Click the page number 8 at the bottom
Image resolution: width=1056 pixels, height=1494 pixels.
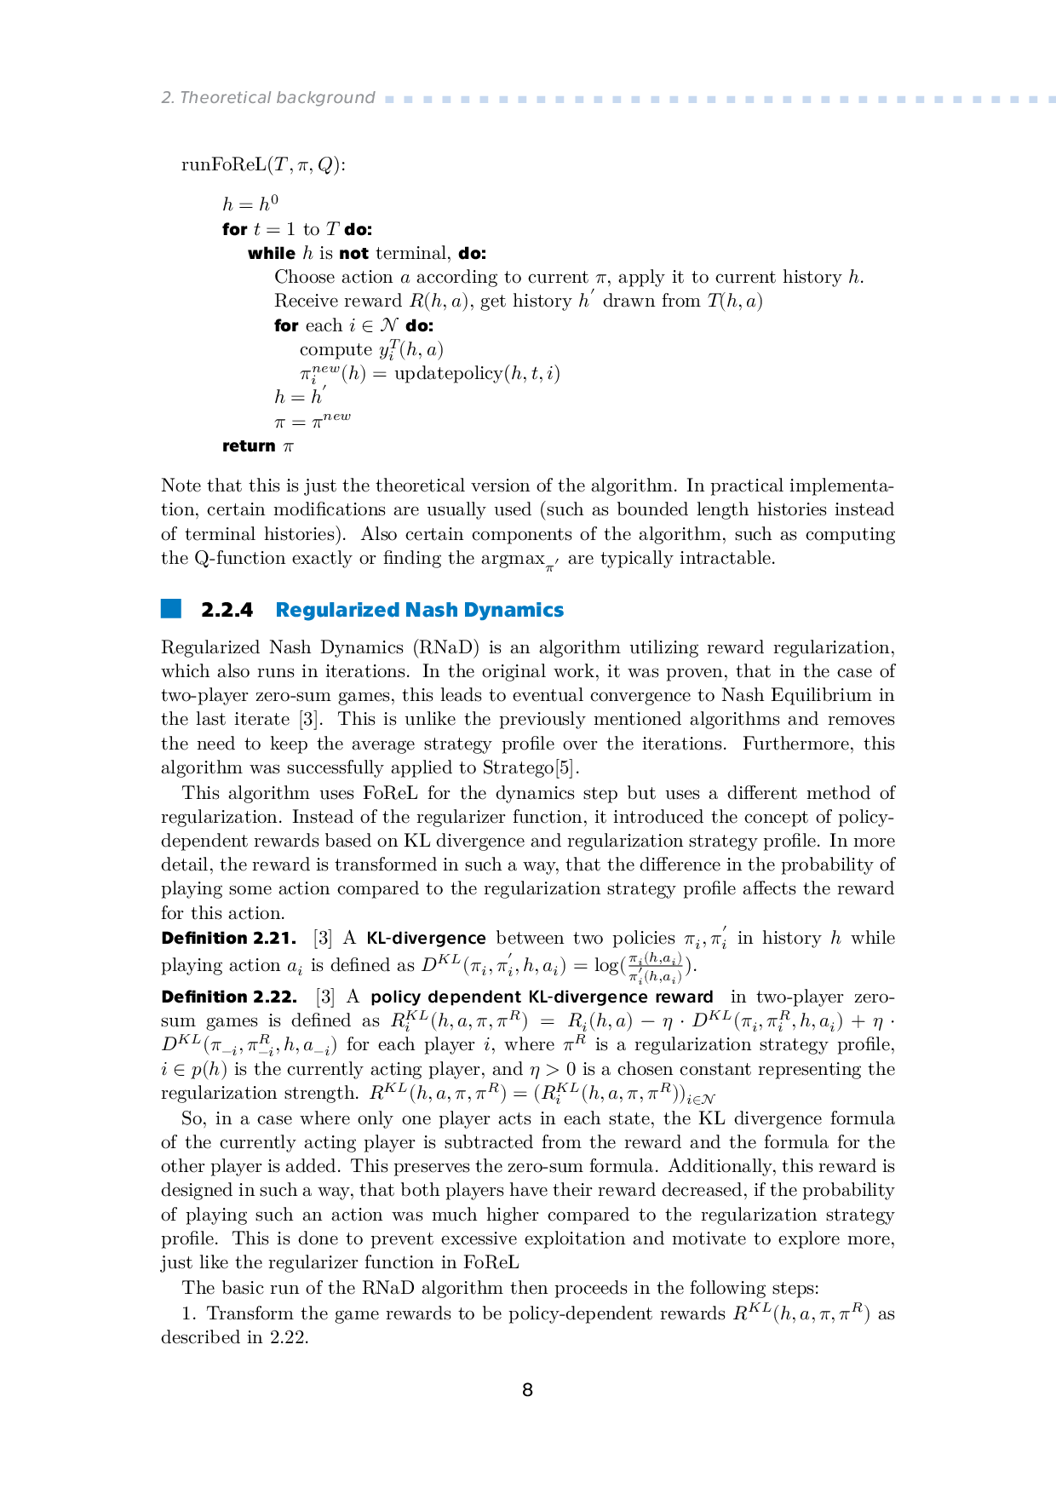tap(527, 1390)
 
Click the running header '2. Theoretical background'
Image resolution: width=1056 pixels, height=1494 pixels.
tap(268, 98)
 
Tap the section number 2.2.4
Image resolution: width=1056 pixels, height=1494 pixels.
tap(227, 610)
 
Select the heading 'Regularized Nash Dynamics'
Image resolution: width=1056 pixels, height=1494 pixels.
tap(419, 610)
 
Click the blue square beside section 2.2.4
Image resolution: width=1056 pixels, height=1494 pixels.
tap(171, 608)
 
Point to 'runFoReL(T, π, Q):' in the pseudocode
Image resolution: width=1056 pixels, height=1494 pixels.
tap(263, 164)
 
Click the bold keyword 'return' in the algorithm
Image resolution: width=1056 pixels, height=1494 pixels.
tap(249, 445)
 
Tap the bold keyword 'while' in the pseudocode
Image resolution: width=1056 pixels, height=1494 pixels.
tap(271, 253)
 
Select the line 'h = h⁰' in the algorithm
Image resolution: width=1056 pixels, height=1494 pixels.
tap(250, 204)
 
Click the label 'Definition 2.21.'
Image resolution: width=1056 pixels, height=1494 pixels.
tap(228, 938)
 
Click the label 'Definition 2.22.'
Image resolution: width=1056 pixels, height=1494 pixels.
tap(229, 997)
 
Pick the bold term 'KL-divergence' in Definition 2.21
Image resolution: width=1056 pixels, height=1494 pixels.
tap(426, 938)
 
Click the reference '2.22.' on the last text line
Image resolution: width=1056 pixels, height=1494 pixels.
tap(289, 1337)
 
